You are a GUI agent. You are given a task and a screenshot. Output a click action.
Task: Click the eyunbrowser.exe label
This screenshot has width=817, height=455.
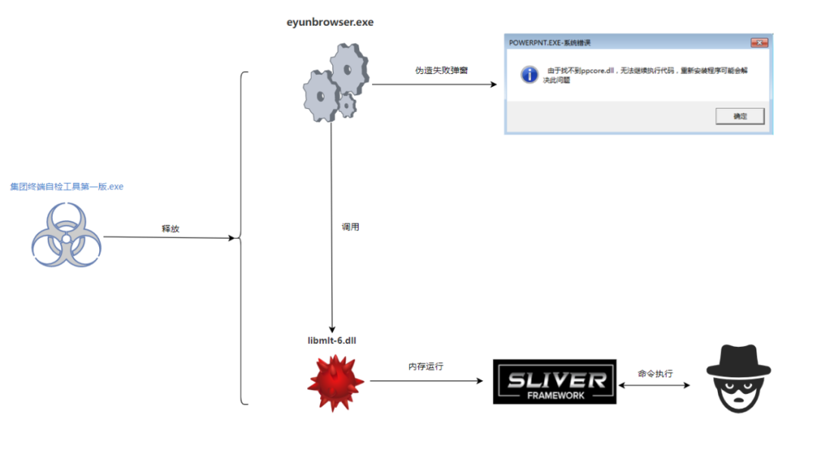point(329,22)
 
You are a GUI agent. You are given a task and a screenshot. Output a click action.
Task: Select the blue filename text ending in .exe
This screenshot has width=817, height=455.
point(67,186)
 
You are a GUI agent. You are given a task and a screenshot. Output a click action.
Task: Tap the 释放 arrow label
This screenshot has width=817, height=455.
point(170,228)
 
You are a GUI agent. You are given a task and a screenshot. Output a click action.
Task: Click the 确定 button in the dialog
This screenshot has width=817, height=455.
point(740,116)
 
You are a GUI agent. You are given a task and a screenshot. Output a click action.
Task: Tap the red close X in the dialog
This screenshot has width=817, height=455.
point(759,43)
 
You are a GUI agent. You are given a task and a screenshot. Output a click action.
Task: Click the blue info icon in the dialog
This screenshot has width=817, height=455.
point(530,74)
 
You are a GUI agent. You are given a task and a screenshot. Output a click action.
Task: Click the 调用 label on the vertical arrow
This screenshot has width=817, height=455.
point(350,226)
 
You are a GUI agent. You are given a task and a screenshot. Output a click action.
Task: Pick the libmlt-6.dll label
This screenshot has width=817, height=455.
point(331,341)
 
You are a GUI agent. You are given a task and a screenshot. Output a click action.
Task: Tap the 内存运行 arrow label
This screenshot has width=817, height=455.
point(426,367)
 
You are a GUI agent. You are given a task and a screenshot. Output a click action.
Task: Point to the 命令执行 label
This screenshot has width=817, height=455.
point(655,373)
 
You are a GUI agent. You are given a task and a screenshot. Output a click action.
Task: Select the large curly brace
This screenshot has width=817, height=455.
point(243,238)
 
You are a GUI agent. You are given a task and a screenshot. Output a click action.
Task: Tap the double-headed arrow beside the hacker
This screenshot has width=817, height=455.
point(655,385)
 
